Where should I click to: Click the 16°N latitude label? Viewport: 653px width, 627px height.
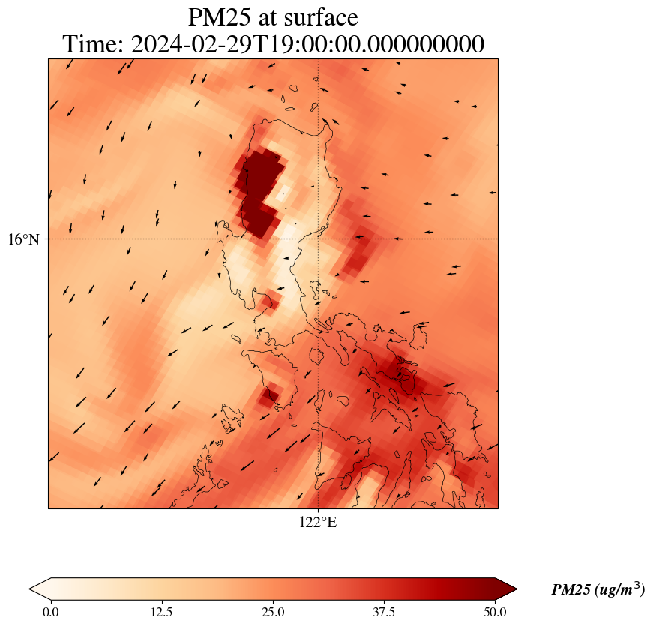(x=25, y=239)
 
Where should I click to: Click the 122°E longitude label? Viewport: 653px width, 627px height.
(x=318, y=523)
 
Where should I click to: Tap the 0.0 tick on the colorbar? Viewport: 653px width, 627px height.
(x=51, y=612)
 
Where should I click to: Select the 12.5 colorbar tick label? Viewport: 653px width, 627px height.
(x=162, y=612)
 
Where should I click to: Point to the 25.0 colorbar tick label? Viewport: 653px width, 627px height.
(x=273, y=612)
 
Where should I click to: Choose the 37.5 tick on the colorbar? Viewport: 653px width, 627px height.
(x=384, y=612)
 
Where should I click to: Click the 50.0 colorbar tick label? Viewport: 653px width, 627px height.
(x=495, y=612)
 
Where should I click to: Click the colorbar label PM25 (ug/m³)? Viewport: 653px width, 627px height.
(x=598, y=590)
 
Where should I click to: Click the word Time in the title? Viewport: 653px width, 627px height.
(x=93, y=44)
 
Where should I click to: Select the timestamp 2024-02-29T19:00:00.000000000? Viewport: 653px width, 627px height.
(x=307, y=44)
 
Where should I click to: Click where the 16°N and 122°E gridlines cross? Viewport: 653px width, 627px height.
(x=319, y=239)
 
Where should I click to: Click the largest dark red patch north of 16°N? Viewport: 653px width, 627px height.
(x=262, y=180)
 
